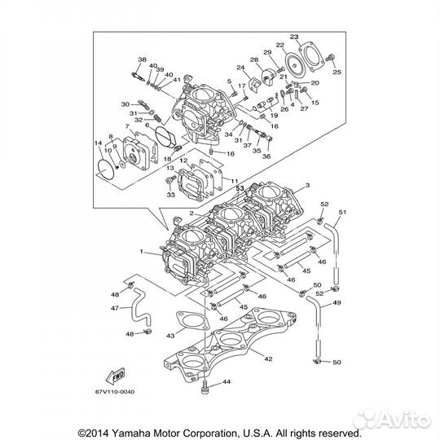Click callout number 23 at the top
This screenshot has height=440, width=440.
tap(294, 37)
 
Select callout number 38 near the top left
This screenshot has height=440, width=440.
tap(142, 61)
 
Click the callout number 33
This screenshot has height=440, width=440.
tap(170, 195)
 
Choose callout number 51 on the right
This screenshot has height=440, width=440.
tap(342, 213)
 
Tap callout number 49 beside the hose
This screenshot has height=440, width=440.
tap(337, 303)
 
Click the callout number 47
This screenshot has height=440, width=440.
tap(115, 309)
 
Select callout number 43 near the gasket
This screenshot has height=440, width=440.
tap(170, 336)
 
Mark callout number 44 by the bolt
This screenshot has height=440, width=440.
tap(227, 381)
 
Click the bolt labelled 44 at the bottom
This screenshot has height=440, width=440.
tap(209, 387)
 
